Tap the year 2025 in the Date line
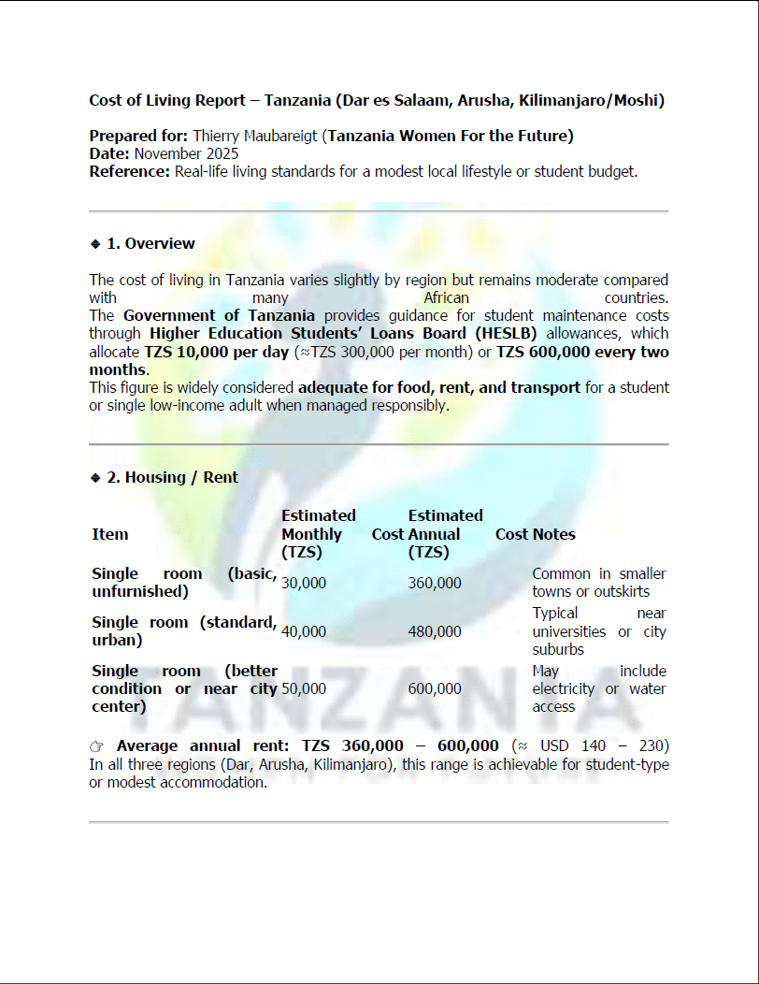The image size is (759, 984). click(222, 153)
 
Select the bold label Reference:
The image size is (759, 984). click(130, 171)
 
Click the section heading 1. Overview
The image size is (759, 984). click(150, 243)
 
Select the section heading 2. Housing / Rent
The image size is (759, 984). click(172, 477)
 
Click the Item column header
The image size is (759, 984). click(110, 534)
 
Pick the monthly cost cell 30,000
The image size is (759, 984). click(304, 583)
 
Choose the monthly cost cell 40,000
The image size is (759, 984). click(304, 631)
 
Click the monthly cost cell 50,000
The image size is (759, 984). click(304, 688)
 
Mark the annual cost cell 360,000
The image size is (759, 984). click(435, 583)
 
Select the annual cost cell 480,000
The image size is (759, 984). click(435, 631)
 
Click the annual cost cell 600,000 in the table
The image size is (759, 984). click(435, 688)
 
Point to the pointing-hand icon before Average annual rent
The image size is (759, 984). click(97, 746)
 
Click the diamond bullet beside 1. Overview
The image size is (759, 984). click(94, 243)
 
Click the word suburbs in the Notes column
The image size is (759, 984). click(558, 649)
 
